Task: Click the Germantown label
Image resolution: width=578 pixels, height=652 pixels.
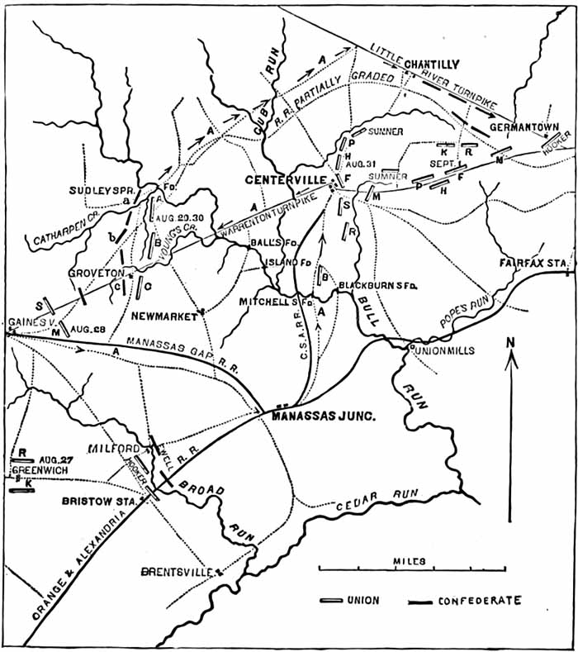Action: tap(524, 128)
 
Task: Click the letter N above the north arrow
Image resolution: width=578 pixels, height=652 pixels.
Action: tap(512, 342)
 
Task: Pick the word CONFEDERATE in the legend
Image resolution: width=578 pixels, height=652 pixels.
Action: tap(481, 601)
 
